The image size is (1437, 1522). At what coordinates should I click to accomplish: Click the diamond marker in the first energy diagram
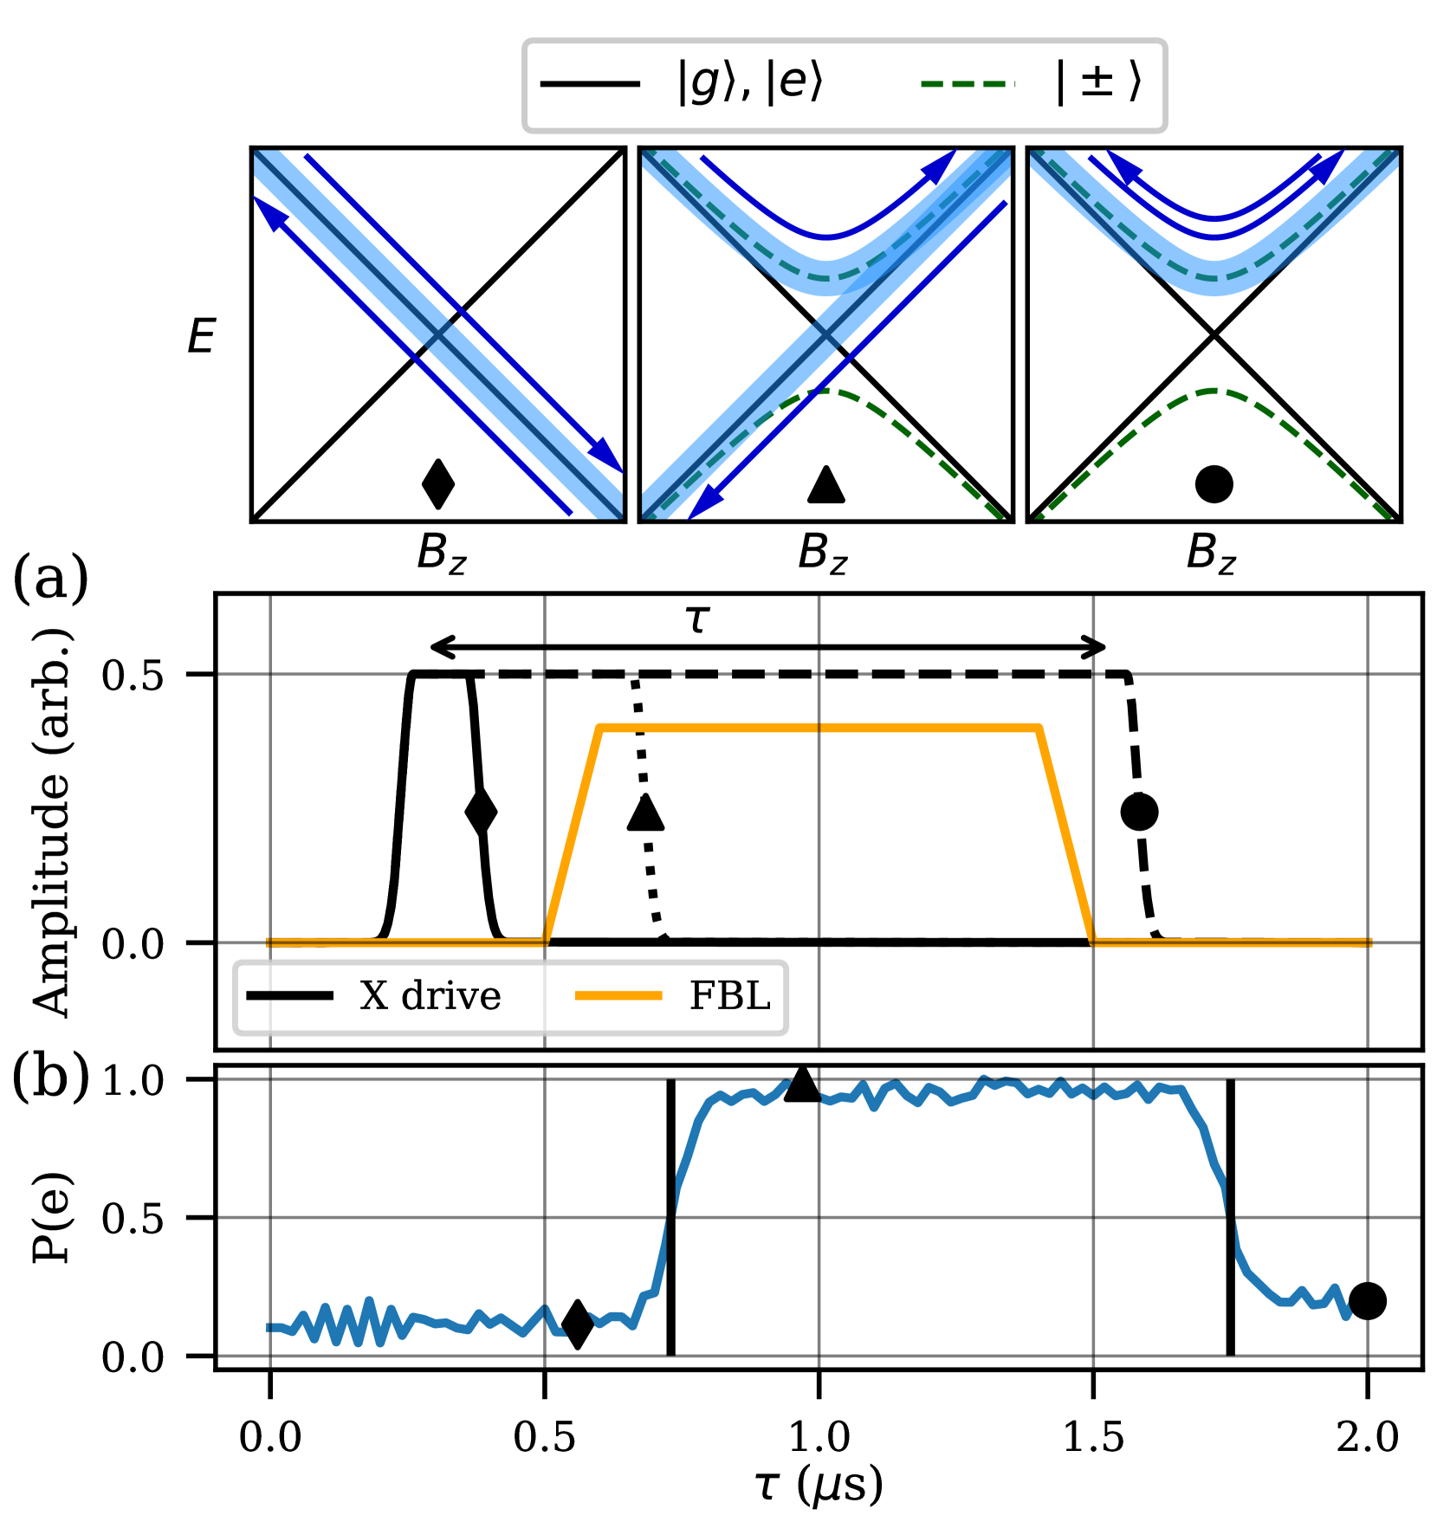tap(437, 484)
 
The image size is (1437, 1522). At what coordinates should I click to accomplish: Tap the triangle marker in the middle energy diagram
tap(825, 485)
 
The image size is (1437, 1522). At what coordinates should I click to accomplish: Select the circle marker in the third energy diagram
tap(1214, 484)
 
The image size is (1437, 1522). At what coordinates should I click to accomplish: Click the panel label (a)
tap(50, 579)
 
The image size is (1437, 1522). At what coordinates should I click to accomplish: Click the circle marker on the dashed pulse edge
tap(1139, 812)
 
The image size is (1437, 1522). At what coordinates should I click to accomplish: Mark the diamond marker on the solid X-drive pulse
tap(481, 813)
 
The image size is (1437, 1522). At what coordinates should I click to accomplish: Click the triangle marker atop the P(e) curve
tap(802, 1085)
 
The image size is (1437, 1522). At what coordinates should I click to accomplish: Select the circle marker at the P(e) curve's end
tap(1368, 1300)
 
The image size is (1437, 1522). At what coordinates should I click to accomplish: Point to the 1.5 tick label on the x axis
tap(1093, 1437)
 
